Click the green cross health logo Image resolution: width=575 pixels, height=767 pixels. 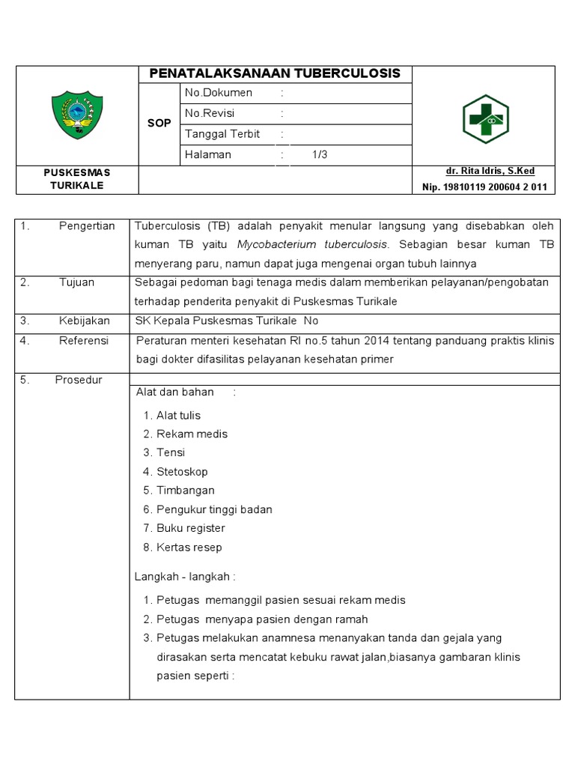(x=484, y=118)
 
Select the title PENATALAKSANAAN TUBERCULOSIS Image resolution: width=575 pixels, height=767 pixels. (x=275, y=73)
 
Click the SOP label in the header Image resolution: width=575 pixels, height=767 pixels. (x=159, y=123)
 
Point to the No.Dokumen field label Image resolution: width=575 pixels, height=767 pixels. (x=219, y=93)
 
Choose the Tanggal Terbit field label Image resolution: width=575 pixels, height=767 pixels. (x=222, y=134)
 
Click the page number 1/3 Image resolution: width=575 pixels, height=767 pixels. (x=320, y=155)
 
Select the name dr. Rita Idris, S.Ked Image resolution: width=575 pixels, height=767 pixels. (x=490, y=172)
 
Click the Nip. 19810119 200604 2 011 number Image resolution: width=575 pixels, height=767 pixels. (x=485, y=187)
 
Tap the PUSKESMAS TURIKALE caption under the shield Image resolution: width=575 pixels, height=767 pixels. (x=77, y=179)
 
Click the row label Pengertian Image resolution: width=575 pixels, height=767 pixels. (x=87, y=226)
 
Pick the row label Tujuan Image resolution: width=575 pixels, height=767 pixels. (x=76, y=282)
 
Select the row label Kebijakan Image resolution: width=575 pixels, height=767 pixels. (x=84, y=321)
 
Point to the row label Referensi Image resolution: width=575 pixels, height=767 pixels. (x=83, y=340)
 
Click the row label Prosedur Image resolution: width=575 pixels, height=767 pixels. (x=79, y=380)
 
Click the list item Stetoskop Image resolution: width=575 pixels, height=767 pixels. (x=182, y=472)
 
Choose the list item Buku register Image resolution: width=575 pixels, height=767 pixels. (x=190, y=528)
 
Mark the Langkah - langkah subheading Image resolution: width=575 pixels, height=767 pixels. (x=185, y=577)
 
